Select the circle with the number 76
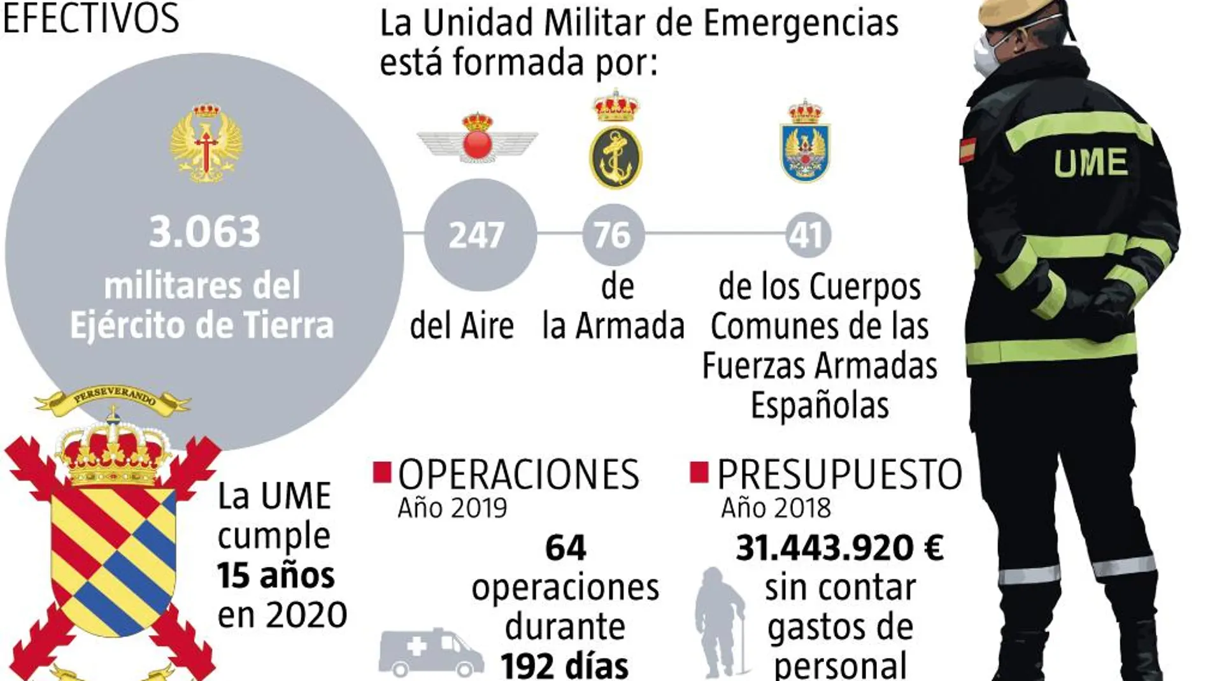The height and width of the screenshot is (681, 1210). (613, 234)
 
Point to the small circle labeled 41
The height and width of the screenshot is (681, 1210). (808, 234)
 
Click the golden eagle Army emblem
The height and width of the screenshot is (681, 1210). (205, 143)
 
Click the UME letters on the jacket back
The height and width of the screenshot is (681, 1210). (1090, 162)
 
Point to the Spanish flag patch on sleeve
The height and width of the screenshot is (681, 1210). (968, 150)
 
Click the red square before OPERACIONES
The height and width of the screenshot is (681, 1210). (382, 473)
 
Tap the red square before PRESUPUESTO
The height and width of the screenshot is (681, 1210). (699, 473)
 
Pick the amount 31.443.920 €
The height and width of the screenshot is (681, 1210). (839, 548)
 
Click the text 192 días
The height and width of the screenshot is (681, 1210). (564, 665)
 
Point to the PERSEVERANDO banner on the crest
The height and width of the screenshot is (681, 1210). (113, 398)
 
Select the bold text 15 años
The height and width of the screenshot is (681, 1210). (275, 575)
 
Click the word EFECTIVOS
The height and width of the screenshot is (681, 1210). (91, 18)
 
